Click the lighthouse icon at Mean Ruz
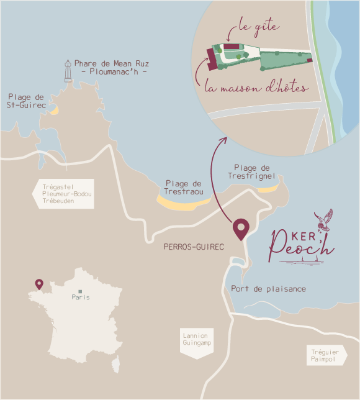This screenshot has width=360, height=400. tap(68, 71)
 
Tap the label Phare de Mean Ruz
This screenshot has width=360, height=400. tap(111, 64)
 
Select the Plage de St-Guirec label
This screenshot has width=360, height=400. tap(25, 101)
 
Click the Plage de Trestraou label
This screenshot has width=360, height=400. tap(184, 188)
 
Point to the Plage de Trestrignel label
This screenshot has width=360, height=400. tap(251, 172)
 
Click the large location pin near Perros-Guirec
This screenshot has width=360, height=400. tap(240, 229)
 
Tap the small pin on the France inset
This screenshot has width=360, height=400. tap(39, 284)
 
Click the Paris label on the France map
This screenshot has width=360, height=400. tap(80, 298)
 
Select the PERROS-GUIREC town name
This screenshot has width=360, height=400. tap(193, 247)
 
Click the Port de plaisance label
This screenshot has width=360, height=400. tap(268, 289)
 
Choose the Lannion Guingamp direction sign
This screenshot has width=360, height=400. tap(196, 340)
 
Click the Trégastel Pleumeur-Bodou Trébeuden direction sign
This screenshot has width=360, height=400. tap(65, 194)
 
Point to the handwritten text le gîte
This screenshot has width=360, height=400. tap(259, 28)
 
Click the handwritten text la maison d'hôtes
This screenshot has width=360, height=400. tap(256, 88)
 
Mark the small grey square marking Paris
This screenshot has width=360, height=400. tap(80, 291)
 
